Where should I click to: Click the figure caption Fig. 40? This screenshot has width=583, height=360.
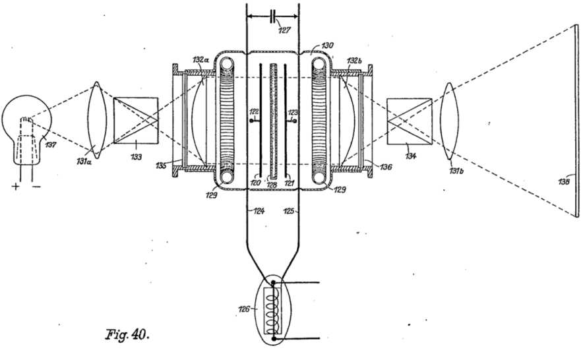[127, 334]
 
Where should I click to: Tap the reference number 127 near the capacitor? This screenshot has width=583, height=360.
[284, 30]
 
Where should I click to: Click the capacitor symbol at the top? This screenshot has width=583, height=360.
[272, 16]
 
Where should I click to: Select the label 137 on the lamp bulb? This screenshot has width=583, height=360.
[51, 144]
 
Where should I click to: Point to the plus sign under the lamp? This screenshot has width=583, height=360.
[16, 186]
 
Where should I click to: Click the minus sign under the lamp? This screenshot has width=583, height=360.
[36, 186]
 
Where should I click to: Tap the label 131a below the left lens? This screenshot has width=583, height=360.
[84, 162]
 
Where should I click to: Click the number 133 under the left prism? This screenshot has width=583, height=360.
[136, 157]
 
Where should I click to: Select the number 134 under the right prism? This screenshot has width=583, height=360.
[410, 156]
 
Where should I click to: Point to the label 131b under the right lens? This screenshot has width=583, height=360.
[456, 171]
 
